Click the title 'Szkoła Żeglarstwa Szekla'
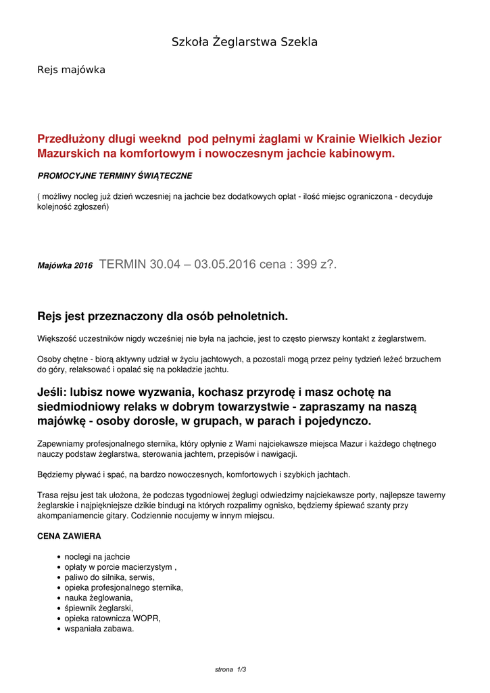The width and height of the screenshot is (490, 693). click(x=245, y=42)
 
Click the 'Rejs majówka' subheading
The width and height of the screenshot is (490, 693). click(x=71, y=70)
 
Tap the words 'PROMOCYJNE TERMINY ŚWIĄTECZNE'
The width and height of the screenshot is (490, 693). click(x=115, y=176)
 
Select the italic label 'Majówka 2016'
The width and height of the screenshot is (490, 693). click(x=65, y=266)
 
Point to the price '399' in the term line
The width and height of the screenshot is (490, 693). click(x=307, y=265)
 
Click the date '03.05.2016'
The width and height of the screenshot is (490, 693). click(x=225, y=265)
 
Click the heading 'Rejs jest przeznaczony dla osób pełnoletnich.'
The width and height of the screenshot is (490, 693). click(x=162, y=316)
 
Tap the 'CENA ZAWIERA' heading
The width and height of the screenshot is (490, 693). click(x=69, y=536)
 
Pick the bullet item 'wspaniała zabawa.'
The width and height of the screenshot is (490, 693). click(x=99, y=629)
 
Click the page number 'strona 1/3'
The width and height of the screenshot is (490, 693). click(x=230, y=669)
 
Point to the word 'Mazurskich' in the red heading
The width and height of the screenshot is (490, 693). click(x=68, y=154)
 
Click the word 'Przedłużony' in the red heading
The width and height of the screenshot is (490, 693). click(x=73, y=139)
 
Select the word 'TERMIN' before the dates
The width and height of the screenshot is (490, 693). click(x=122, y=265)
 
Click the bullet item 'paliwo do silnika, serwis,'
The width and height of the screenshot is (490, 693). click(x=109, y=577)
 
